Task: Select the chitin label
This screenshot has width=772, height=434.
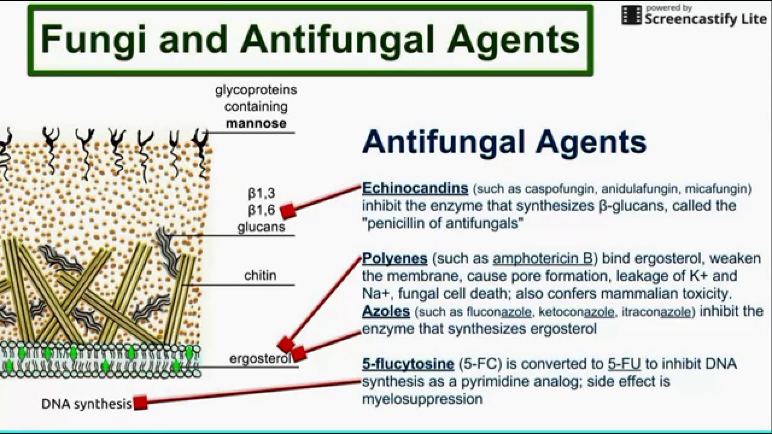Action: tap(261, 275)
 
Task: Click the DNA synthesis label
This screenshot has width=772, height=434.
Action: tap(86, 404)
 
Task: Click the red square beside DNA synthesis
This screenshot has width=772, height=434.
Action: tap(141, 403)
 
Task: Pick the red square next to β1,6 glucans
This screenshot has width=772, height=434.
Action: tap(287, 210)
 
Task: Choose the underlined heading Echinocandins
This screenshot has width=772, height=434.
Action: tap(415, 188)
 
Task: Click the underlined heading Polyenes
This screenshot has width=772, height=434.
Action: tap(395, 259)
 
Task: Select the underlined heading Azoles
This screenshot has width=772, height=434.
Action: tap(386, 312)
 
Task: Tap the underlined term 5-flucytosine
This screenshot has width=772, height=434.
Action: tap(408, 363)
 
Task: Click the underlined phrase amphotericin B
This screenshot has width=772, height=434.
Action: tap(542, 259)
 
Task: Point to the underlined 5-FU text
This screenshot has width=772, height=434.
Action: tap(624, 363)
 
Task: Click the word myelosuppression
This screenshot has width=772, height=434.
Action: tap(422, 398)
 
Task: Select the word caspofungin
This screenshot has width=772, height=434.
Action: tap(536, 189)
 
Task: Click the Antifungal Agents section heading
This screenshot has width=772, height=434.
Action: tap(504, 142)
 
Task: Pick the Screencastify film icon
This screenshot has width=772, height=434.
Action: tap(631, 15)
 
